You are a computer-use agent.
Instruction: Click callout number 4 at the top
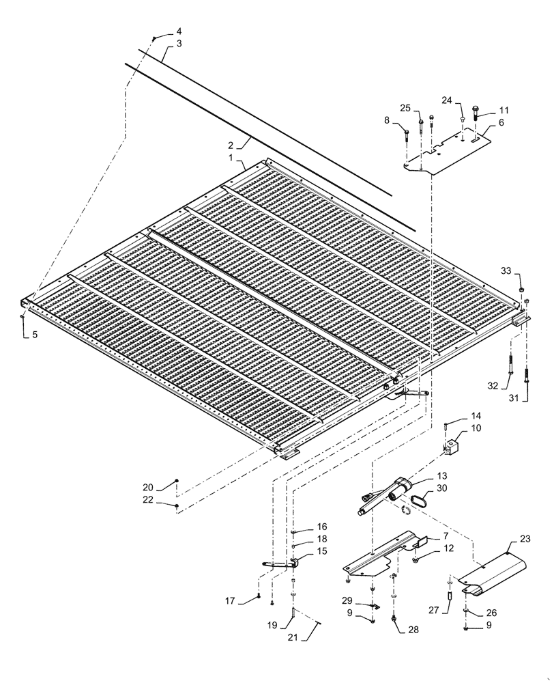[179, 31]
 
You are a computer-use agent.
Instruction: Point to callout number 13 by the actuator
[443, 475]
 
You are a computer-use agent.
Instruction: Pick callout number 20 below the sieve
[147, 488]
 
